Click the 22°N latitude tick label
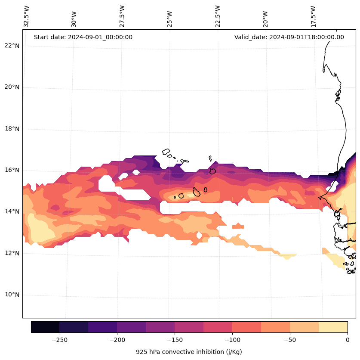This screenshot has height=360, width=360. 12,46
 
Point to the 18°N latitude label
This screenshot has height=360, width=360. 12,129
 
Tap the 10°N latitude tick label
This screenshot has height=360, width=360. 12,295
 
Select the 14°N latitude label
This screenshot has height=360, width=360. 12,211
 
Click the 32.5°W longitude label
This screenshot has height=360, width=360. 27,17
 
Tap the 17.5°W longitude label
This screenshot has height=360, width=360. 314,17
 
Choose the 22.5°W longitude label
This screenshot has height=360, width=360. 218,17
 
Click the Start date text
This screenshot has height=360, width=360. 83,37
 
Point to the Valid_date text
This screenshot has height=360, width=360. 289,37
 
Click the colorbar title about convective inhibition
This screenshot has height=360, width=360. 189,352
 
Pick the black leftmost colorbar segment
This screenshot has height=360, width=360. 45,327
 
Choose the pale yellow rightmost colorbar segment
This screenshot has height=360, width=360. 333,327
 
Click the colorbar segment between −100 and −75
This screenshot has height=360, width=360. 246,327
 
